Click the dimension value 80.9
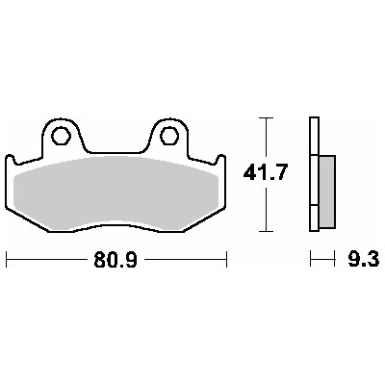(x=115, y=260)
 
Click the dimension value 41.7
(x=264, y=174)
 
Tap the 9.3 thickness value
(x=363, y=259)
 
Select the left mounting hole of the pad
(x=61, y=136)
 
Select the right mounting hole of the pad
(x=168, y=136)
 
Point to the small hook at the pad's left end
(x=10, y=159)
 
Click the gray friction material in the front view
(x=116, y=194)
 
